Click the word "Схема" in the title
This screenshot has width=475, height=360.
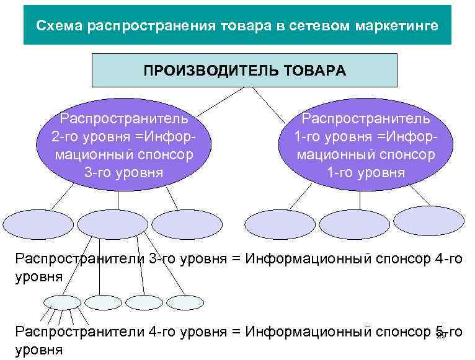[x=60, y=26]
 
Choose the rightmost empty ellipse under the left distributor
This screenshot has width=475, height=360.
[x=187, y=224]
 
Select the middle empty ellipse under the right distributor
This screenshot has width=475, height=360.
[x=355, y=225]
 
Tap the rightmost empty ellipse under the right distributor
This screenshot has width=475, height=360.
[x=429, y=221]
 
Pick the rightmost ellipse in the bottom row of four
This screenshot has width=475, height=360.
[x=185, y=301]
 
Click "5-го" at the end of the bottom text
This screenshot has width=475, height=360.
[x=446, y=332]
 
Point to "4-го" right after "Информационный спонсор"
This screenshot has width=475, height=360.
[x=449, y=258]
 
